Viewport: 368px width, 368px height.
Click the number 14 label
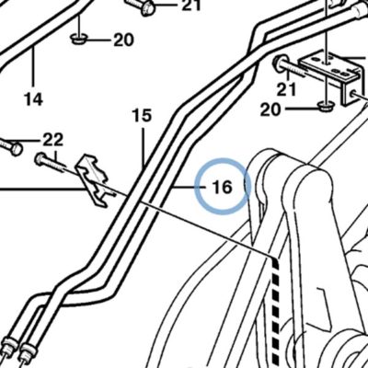[x=33, y=99]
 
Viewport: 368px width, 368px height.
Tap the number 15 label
[x=142, y=116]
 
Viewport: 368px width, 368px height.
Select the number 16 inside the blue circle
[x=223, y=188]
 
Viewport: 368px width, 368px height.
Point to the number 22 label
[x=53, y=140]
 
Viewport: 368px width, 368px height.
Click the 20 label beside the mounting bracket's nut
[x=270, y=109]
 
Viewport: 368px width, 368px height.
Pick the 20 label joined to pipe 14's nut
[x=124, y=40]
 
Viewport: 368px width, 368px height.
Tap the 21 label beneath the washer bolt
[x=286, y=89]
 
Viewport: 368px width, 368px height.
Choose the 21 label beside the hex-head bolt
[x=191, y=6]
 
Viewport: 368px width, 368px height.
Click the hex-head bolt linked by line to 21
[x=140, y=6]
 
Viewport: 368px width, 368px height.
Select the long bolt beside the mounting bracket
[x=290, y=67]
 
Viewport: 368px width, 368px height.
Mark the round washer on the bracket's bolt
[x=280, y=63]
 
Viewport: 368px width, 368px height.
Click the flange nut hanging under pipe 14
[x=79, y=39]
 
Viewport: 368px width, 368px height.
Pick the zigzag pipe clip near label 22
[x=94, y=181]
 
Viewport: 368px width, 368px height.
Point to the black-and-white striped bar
[x=276, y=311]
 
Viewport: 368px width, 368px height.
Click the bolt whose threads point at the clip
[x=50, y=163]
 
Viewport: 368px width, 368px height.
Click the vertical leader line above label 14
[x=33, y=66]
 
